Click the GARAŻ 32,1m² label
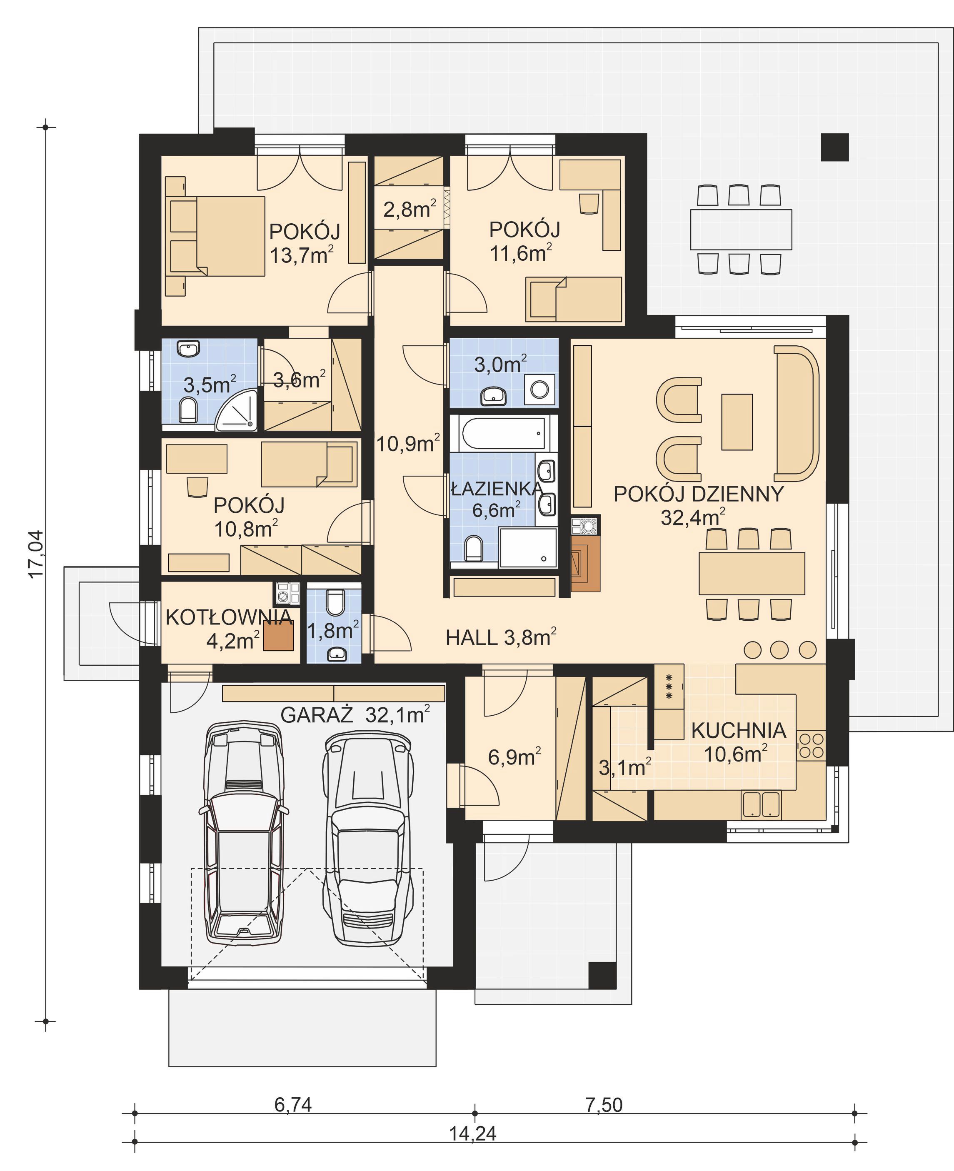tap(355, 715)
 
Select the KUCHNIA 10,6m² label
tap(739, 742)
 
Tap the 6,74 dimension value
tap(293, 1104)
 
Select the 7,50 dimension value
tap(604, 1104)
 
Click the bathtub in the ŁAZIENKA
tap(503, 433)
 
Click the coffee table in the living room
tap(737, 422)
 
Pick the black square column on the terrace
tap(835, 147)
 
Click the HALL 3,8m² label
tap(501, 637)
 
